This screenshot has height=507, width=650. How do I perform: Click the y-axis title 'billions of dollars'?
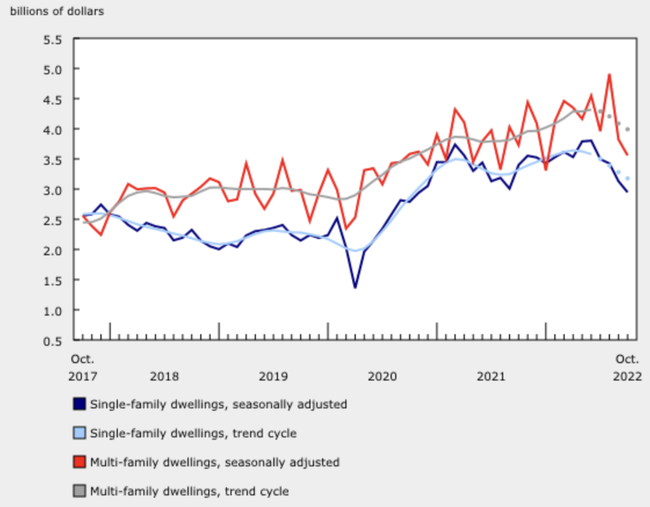57,12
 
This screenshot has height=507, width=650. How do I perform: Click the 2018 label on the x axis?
164,376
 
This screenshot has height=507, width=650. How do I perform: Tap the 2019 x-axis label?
273,376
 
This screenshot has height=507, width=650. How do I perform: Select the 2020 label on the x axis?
382,376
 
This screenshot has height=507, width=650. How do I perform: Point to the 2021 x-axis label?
491,376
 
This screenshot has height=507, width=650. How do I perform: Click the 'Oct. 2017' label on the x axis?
83,367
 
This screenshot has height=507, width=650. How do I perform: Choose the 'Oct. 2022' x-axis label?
627,367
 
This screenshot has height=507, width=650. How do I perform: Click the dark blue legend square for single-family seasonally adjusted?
79,404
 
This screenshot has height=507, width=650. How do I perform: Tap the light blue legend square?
79,433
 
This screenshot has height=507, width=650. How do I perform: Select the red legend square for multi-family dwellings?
79,462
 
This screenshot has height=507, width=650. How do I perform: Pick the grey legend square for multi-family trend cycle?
79,491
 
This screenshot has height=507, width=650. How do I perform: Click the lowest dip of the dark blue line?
355,287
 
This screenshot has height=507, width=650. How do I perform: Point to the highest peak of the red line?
609,74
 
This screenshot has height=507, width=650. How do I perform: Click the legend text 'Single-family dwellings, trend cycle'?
193,433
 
